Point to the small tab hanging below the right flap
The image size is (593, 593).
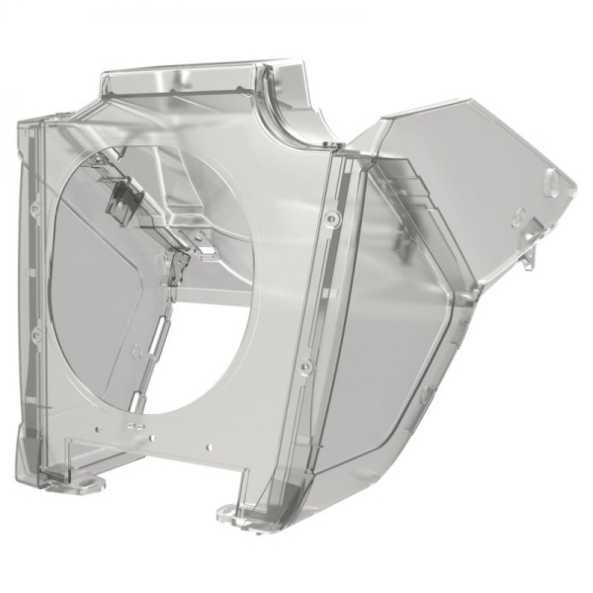tap(531, 259)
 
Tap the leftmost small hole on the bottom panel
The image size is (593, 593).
tap(98, 427)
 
